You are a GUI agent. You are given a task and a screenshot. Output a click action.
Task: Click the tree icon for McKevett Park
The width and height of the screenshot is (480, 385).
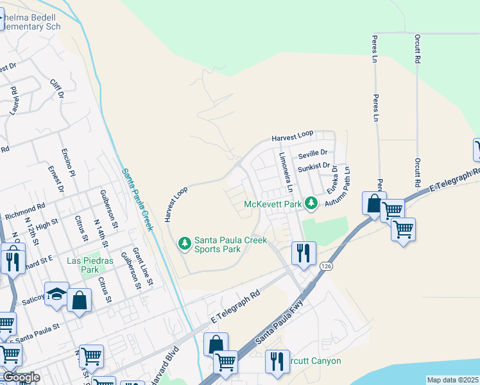[311, 204]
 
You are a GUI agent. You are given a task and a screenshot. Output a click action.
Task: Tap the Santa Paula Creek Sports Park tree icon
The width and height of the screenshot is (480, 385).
[184, 243]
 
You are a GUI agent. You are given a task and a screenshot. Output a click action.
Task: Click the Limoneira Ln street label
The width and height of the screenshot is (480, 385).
[286, 173]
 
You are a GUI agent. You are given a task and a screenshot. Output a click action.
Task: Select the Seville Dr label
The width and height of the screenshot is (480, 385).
[313, 153]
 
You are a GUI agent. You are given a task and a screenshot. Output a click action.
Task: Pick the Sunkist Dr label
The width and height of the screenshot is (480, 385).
[313, 167]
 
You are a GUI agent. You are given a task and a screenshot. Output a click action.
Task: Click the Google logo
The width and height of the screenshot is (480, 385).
[21, 377]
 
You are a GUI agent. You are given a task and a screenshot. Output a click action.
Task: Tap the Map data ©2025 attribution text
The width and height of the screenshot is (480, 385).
[452, 380]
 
